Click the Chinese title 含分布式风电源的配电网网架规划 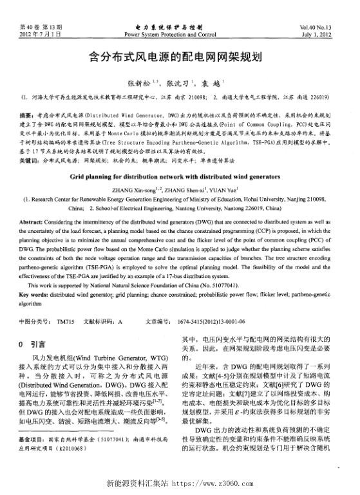(179, 57)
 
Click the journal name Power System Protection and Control (180, 33)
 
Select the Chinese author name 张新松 (138, 84)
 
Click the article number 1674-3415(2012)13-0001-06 (212, 320)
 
